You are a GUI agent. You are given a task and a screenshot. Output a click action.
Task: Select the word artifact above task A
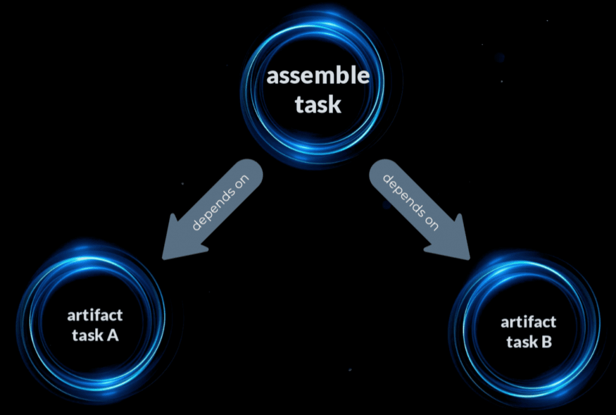click(94, 315)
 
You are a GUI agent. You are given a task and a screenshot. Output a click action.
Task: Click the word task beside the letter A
click(87, 336)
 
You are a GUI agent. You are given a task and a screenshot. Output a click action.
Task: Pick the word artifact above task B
click(528, 322)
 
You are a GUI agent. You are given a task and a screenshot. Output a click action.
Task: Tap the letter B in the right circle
click(546, 342)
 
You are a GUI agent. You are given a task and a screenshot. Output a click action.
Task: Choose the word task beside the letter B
click(521, 342)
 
